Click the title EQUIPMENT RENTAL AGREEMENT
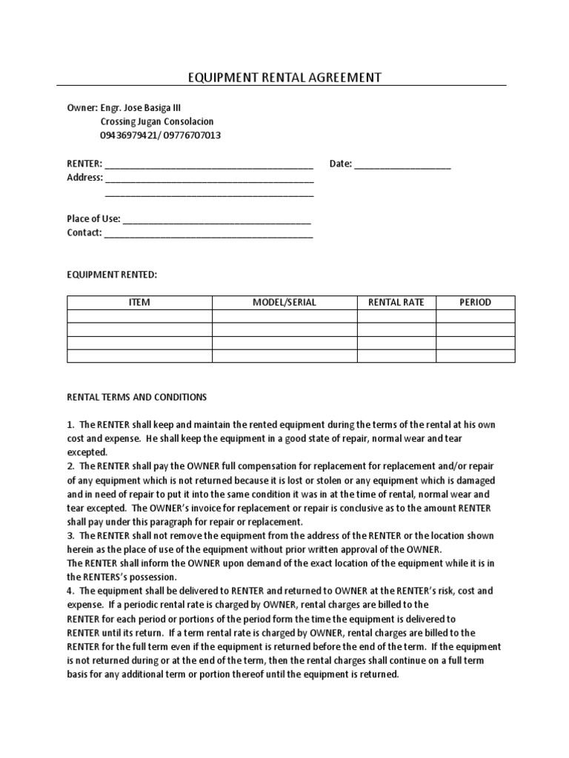tap(284, 77)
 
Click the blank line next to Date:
tap(402, 165)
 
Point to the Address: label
tap(84, 178)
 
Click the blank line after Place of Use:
tap(216, 220)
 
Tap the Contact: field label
tap(84, 233)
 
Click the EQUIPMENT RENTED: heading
tap(112, 275)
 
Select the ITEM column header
tap(139, 302)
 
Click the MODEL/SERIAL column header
tap(284, 302)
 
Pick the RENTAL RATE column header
tap(396, 302)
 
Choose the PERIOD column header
tap(475, 302)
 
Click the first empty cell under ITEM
tap(139, 316)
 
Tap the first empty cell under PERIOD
tap(475, 316)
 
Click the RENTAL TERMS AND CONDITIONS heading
tap(137, 398)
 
